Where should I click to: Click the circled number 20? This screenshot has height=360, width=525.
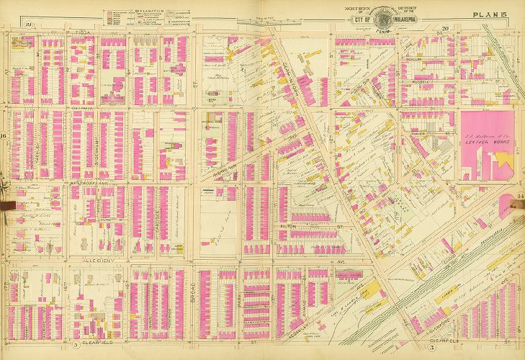[x=445, y=28]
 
